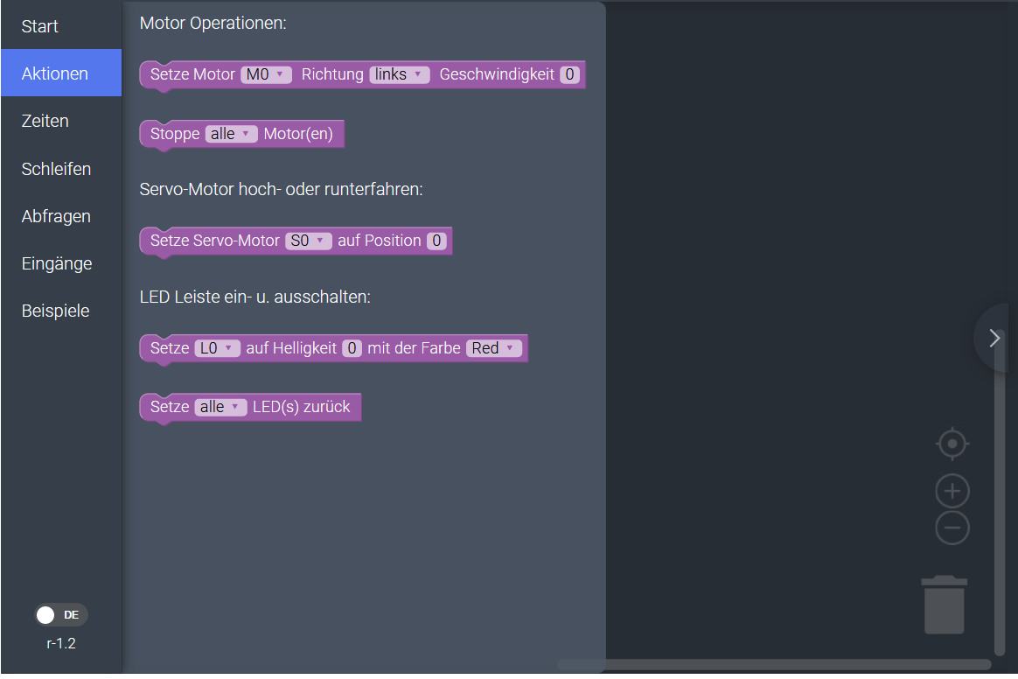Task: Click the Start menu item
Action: [x=40, y=26]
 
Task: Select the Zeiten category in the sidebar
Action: [x=45, y=121]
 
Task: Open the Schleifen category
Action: [x=56, y=169]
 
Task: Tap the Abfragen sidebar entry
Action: [x=56, y=216]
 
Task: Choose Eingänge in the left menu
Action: [x=57, y=263]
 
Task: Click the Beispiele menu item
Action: [x=55, y=311]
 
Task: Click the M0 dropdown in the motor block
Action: [x=266, y=75]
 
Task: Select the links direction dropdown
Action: [x=399, y=75]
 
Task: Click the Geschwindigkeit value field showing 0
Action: [x=569, y=75]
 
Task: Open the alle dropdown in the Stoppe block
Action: [x=231, y=135]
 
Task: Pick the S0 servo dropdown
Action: [x=308, y=241]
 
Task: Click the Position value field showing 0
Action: [x=436, y=241]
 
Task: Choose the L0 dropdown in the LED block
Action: [x=217, y=348]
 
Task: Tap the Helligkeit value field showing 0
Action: [x=352, y=348]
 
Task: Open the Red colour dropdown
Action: [x=494, y=348]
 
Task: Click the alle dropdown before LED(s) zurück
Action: [x=220, y=407]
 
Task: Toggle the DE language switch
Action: [x=60, y=615]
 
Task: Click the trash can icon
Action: [x=945, y=605]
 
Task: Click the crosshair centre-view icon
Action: [x=952, y=444]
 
